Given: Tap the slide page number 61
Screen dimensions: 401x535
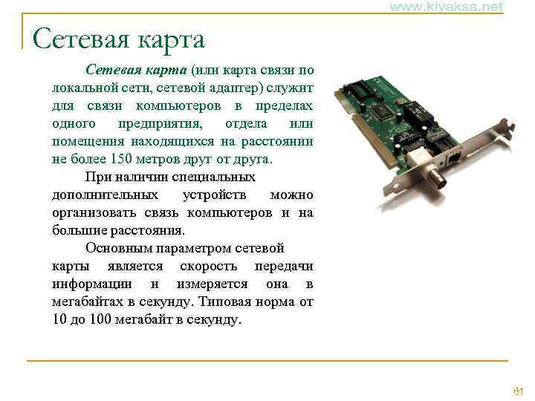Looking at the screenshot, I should [x=519, y=391].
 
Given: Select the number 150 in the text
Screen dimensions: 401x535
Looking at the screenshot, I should [x=120, y=159].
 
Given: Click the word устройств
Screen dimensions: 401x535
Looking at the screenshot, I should [x=219, y=195].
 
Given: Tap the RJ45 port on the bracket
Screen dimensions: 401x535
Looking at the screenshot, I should [x=453, y=158].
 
